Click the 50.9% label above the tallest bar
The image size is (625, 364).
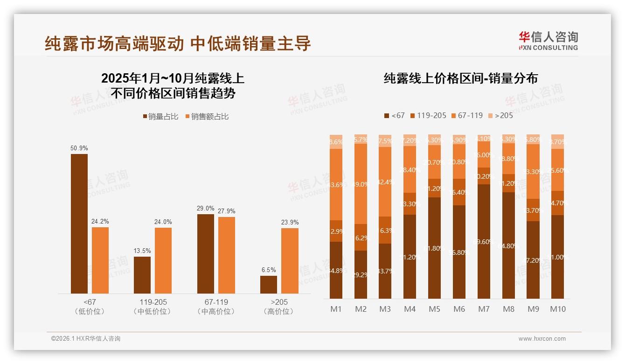(x=79, y=148)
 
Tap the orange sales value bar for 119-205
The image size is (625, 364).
(x=163, y=260)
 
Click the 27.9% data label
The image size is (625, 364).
(x=227, y=211)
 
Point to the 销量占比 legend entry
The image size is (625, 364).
(x=160, y=117)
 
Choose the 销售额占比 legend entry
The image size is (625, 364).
(x=207, y=117)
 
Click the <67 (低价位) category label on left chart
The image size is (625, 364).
(x=90, y=307)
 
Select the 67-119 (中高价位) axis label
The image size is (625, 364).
(x=216, y=307)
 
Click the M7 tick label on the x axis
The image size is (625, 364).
(x=484, y=309)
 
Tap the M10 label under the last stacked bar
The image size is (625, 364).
(x=557, y=309)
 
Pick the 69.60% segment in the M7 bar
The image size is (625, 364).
(x=484, y=242)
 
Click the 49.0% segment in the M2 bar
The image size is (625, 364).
(x=361, y=184)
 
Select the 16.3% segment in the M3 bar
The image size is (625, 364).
(x=385, y=230)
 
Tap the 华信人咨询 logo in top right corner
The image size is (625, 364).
(x=548, y=41)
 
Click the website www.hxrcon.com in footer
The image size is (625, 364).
(x=542, y=339)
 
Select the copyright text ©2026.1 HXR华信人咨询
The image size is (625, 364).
(x=86, y=339)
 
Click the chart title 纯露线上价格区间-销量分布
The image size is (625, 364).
(x=460, y=78)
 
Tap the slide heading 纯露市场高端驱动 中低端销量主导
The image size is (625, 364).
(x=178, y=44)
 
